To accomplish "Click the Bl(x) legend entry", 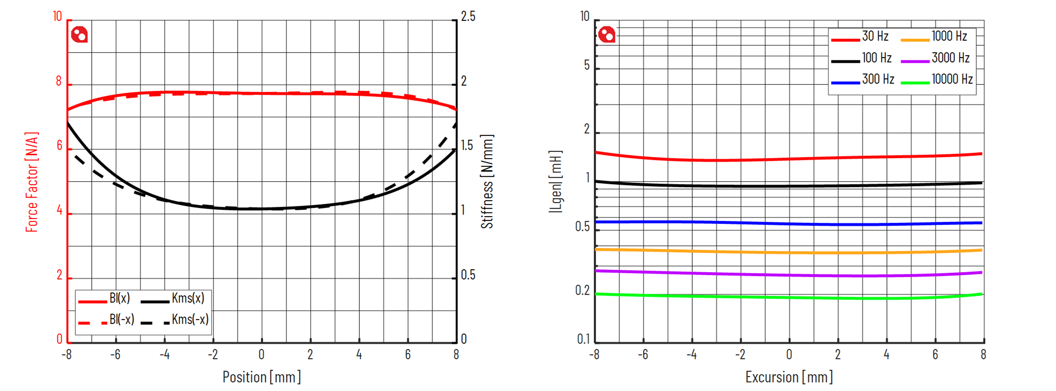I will [x=119, y=299].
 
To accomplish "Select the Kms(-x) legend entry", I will [x=190, y=320].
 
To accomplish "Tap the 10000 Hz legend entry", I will [x=952, y=80].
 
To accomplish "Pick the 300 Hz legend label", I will [x=878, y=80].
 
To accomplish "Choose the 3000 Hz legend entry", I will [x=950, y=58].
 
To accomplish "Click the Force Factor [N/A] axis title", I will [x=32, y=182].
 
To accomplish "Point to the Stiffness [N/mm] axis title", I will [x=487, y=182].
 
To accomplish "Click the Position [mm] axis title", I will [x=261, y=377].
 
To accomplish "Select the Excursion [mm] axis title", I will [x=789, y=377].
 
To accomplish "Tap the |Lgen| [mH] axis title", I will [x=556, y=182].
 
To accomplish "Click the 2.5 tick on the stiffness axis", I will [x=468, y=17].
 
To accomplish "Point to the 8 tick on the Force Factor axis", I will [x=59, y=81].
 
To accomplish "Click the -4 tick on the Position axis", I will [x=164, y=355].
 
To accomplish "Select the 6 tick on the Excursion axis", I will [x=935, y=355].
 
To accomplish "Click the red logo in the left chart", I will [x=79, y=35].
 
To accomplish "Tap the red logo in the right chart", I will [x=607, y=35].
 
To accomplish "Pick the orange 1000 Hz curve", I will [x=789, y=252].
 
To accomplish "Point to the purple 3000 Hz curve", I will [x=789, y=275].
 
